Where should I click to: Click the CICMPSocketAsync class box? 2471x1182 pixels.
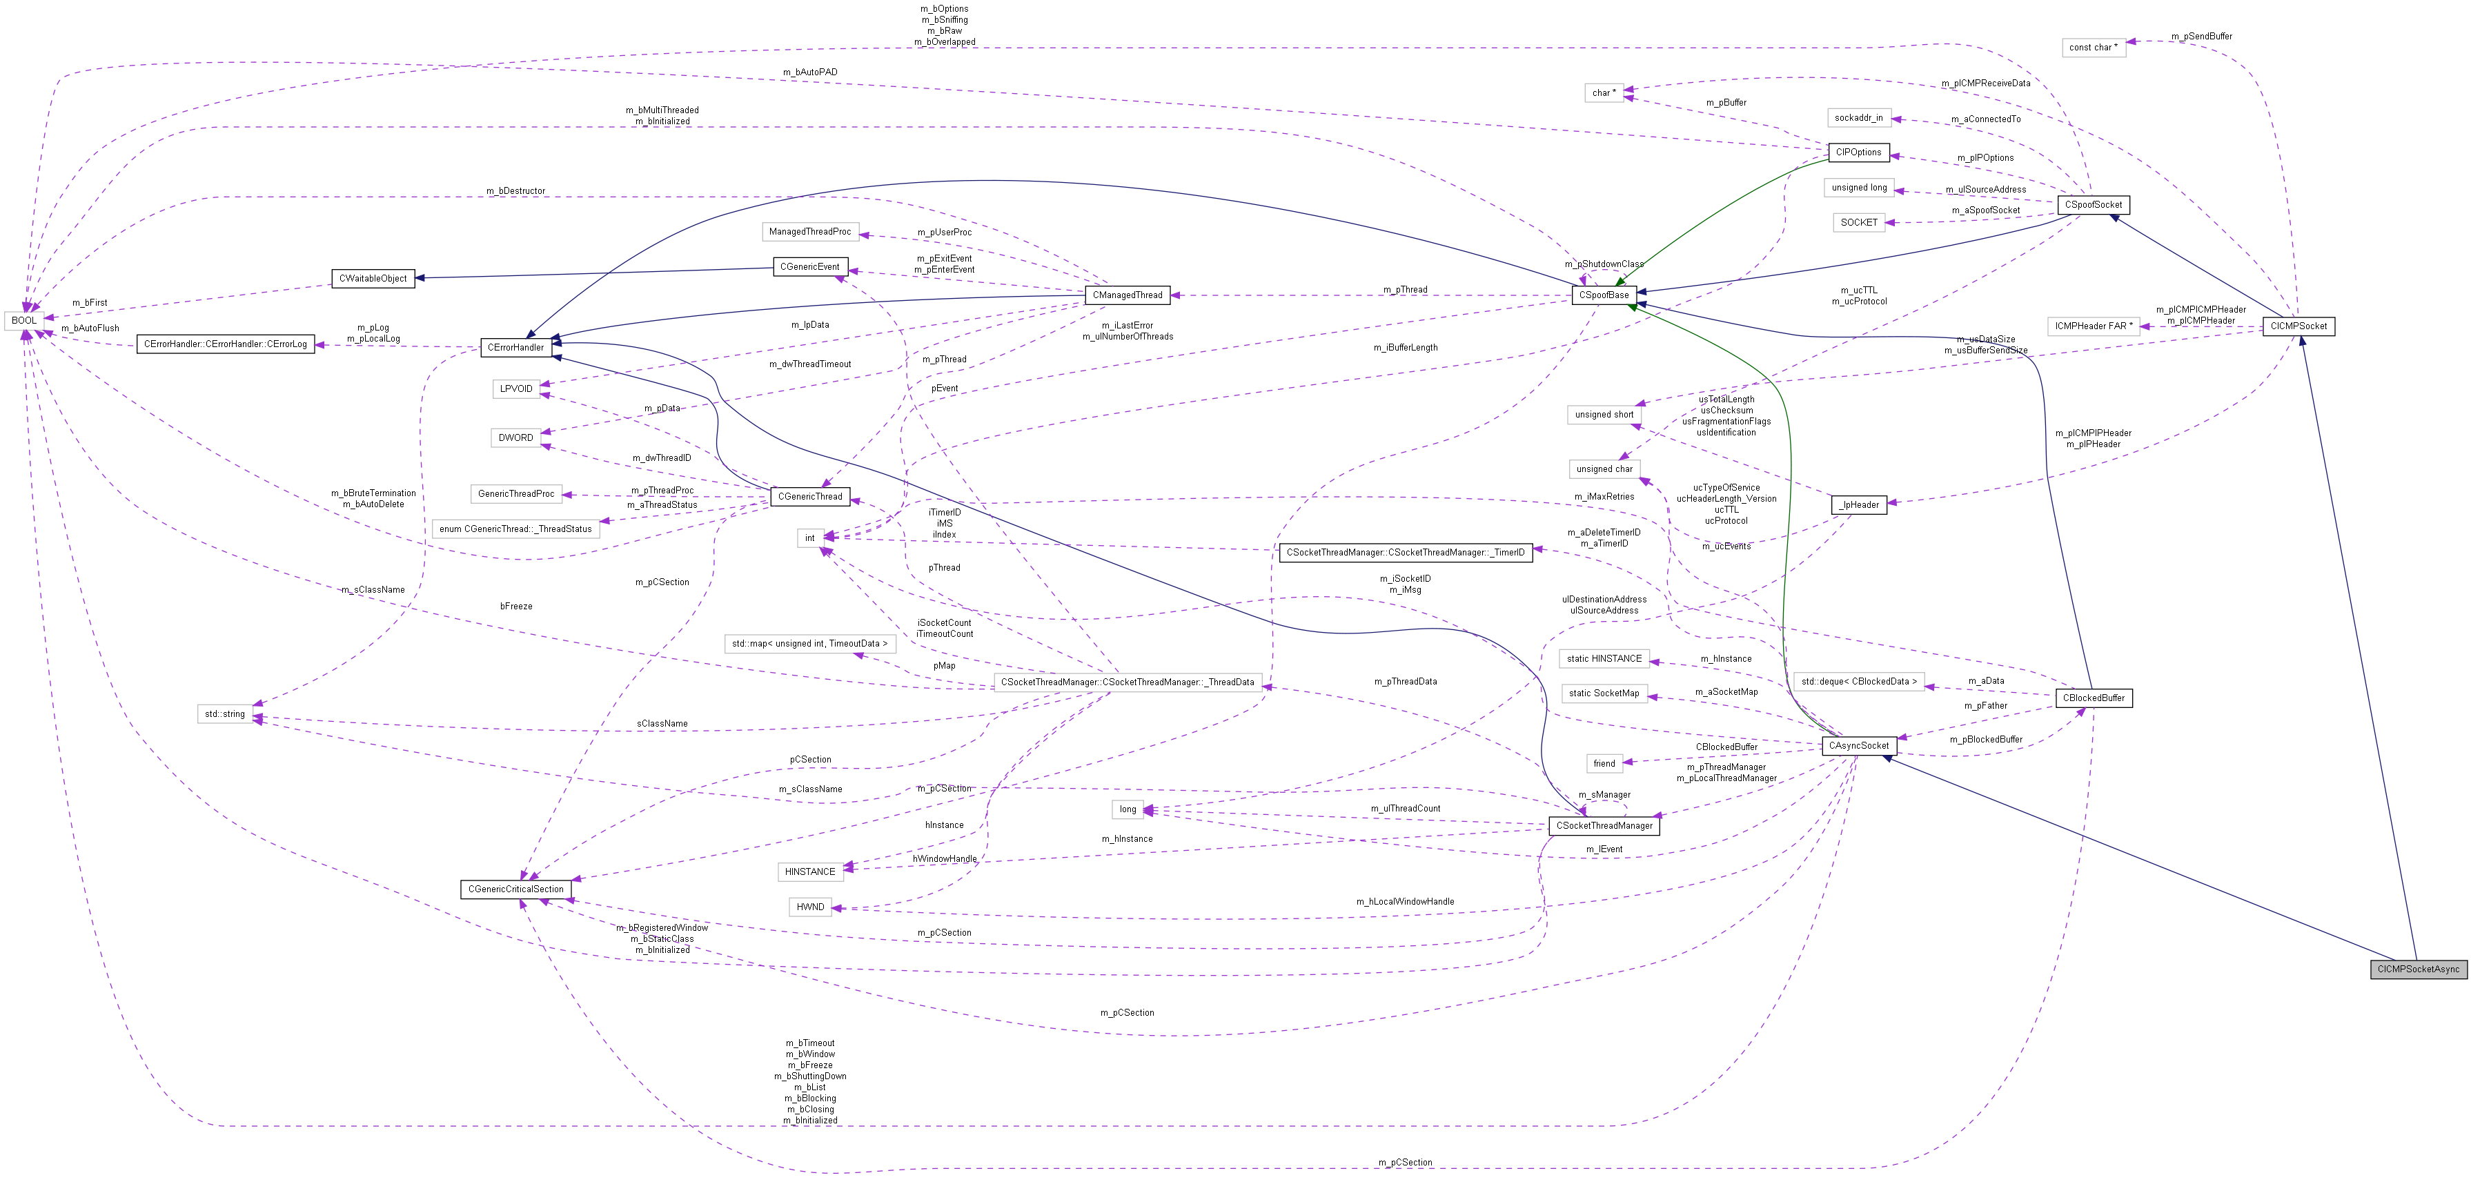[2417, 969]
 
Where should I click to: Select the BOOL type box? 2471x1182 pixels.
[24, 320]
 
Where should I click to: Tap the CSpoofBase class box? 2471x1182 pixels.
[1604, 295]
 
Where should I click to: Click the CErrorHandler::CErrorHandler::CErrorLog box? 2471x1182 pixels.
[226, 344]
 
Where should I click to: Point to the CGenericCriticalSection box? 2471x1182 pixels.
[516, 889]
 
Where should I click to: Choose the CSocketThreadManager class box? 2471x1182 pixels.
[1604, 825]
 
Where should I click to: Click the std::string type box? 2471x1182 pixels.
[224, 713]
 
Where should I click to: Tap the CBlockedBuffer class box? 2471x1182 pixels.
[2093, 698]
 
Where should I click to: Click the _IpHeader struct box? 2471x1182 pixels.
[1859, 504]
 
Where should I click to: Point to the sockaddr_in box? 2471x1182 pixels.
[1858, 118]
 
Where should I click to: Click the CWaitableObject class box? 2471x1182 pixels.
[373, 278]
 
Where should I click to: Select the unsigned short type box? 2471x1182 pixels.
[1604, 415]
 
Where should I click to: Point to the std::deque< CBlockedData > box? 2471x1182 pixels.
[1858, 681]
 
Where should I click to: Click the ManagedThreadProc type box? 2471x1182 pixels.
[809, 231]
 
